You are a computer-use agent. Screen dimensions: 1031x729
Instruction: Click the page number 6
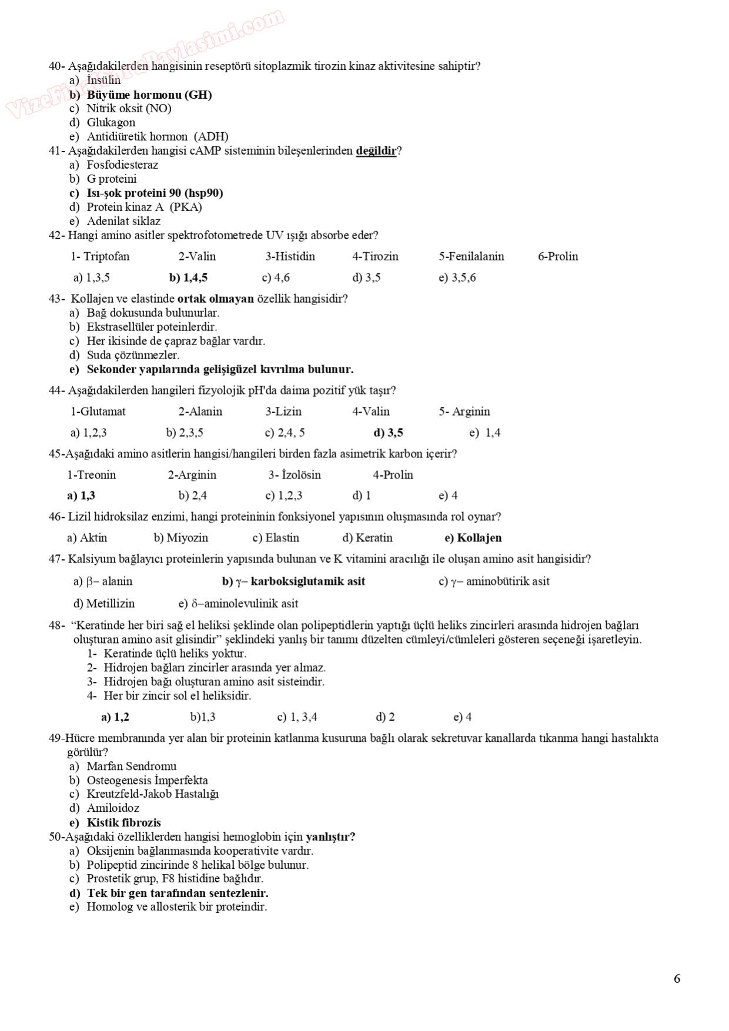click(x=677, y=979)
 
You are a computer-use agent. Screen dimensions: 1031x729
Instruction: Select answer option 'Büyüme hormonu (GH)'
click(x=149, y=95)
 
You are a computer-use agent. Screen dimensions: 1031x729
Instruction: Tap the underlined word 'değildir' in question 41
click(x=376, y=150)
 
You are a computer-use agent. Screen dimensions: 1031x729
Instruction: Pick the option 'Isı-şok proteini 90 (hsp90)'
click(x=155, y=193)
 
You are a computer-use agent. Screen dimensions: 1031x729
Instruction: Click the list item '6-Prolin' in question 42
click(x=558, y=256)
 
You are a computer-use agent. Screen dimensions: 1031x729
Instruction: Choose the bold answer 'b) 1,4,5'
click(x=188, y=277)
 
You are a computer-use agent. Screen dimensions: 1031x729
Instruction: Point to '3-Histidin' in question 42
click(x=290, y=256)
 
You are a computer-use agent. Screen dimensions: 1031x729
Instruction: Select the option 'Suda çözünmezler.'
click(x=133, y=355)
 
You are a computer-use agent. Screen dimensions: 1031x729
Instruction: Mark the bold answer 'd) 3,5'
click(x=388, y=433)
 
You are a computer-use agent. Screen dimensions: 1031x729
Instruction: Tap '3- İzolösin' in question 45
click(x=295, y=475)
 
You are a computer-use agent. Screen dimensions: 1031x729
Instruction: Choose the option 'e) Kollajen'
click(x=473, y=538)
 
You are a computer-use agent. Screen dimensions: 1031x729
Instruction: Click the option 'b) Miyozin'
click(x=181, y=538)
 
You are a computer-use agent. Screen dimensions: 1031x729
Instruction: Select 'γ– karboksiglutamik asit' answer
click(x=300, y=581)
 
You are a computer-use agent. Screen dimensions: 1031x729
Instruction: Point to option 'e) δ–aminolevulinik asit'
click(x=238, y=604)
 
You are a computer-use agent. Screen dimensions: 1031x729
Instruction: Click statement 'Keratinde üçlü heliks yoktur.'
click(x=175, y=654)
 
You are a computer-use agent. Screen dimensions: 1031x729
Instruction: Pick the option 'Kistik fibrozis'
click(x=123, y=822)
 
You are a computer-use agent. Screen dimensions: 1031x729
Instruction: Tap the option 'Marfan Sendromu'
click(x=131, y=766)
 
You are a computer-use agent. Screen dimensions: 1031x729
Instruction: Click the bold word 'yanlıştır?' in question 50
click(x=330, y=836)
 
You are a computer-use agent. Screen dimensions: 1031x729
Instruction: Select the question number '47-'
click(x=56, y=559)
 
